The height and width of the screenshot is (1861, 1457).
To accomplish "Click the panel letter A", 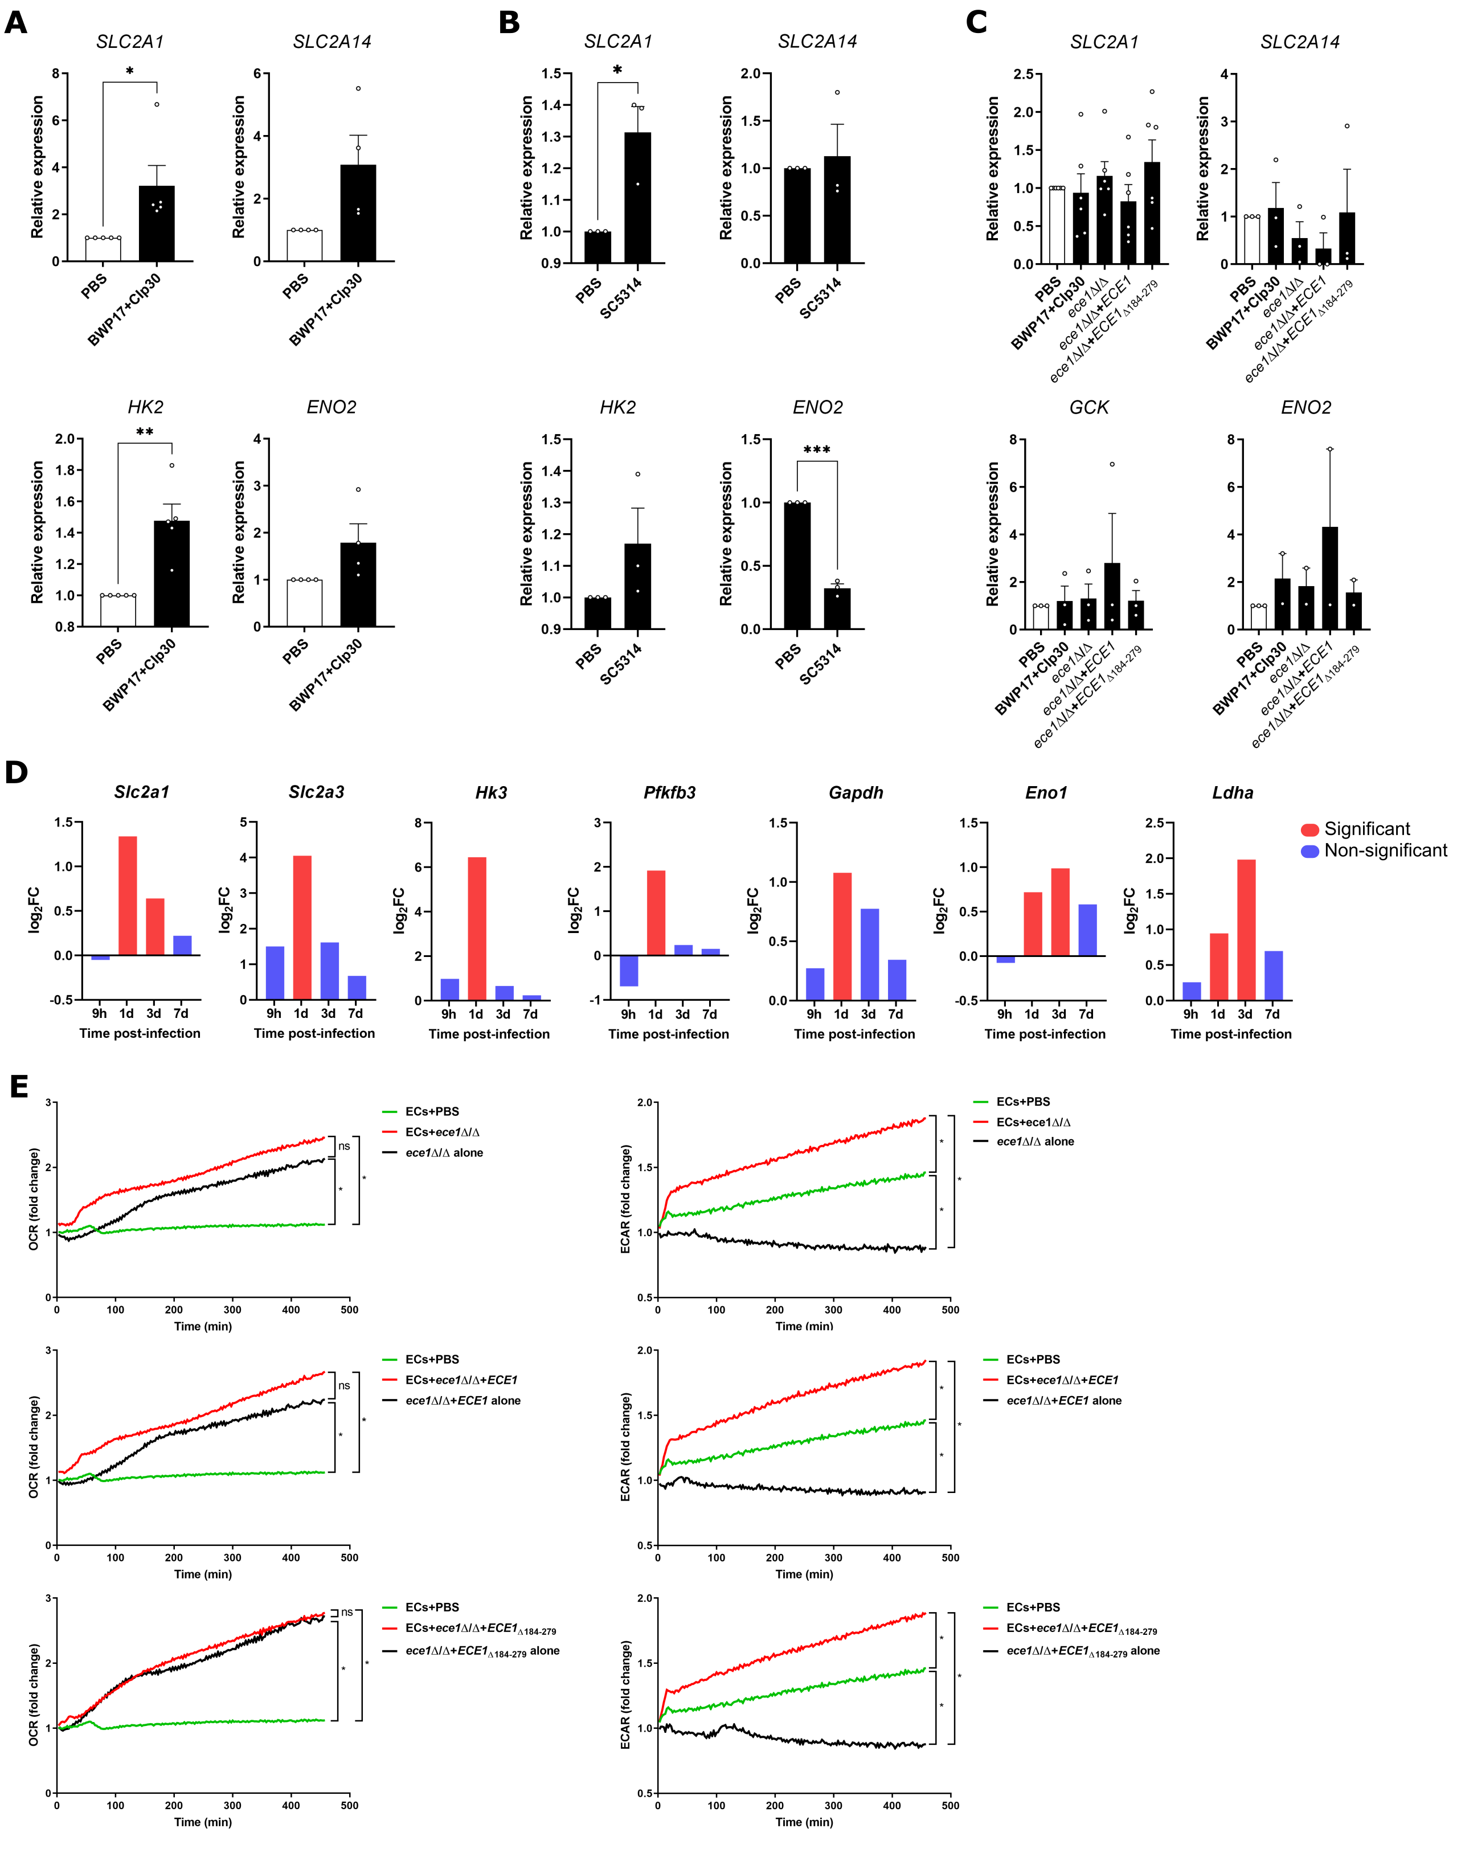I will pos(16,22).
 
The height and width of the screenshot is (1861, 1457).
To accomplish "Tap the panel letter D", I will pos(16,773).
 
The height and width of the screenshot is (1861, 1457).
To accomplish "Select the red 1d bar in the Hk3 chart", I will pos(477,928).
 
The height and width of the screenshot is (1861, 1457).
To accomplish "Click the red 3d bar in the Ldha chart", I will pos(1246,930).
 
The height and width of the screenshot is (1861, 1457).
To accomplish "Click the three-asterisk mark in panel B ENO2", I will pos(816,451).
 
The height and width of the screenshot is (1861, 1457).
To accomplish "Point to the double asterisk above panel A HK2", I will pos(145,432).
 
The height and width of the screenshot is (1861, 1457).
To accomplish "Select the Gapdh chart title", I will pos(856,792).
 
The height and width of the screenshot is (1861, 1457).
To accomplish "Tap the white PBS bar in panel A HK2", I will pos(118,610).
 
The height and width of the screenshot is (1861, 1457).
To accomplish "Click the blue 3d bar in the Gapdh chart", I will pos(869,954).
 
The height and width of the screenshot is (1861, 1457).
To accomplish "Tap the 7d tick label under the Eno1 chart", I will pos(1086,1014).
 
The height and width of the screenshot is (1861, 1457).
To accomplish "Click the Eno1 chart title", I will pos(1046,792).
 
